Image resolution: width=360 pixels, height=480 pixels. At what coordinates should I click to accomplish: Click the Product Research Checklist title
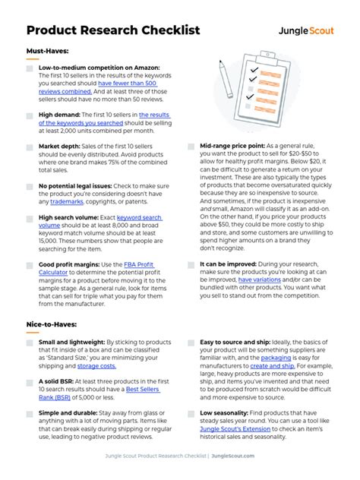(112, 30)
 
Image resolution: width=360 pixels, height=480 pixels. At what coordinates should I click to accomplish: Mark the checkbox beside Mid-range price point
(190, 146)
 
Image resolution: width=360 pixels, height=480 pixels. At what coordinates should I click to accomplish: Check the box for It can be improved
(190, 264)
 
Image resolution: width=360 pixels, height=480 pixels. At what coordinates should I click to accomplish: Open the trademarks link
(67, 201)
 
